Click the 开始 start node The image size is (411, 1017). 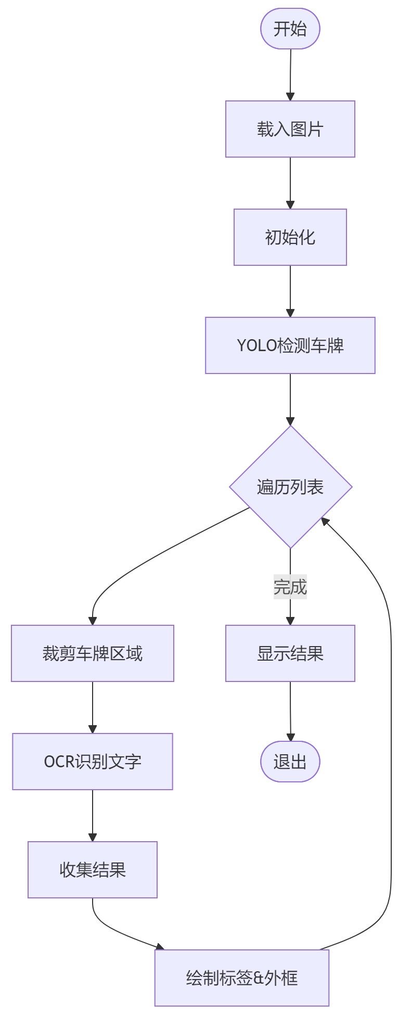(x=290, y=29)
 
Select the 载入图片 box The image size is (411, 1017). (x=290, y=129)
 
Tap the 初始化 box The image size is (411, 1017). (x=290, y=237)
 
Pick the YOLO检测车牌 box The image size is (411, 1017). (x=290, y=345)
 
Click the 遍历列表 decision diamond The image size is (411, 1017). (x=290, y=487)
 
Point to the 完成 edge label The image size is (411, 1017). (x=290, y=587)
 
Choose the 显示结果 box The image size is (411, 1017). (x=290, y=653)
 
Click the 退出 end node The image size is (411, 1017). (x=290, y=762)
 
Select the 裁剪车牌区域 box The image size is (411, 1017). (x=93, y=653)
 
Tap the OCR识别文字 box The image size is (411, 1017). (x=93, y=762)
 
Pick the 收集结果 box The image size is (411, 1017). (x=93, y=870)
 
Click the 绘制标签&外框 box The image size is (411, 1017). (x=242, y=978)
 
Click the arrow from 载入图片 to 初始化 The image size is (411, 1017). (x=290, y=183)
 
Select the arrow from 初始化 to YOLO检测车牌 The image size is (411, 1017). (x=290, y=291)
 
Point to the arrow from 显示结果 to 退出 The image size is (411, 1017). (x=290, y=711)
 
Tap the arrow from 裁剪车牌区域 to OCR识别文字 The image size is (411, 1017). (x=93, y=707)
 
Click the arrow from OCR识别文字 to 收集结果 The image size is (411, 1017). (x=93, y=815)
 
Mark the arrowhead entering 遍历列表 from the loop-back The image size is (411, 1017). (x=325, y=521)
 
